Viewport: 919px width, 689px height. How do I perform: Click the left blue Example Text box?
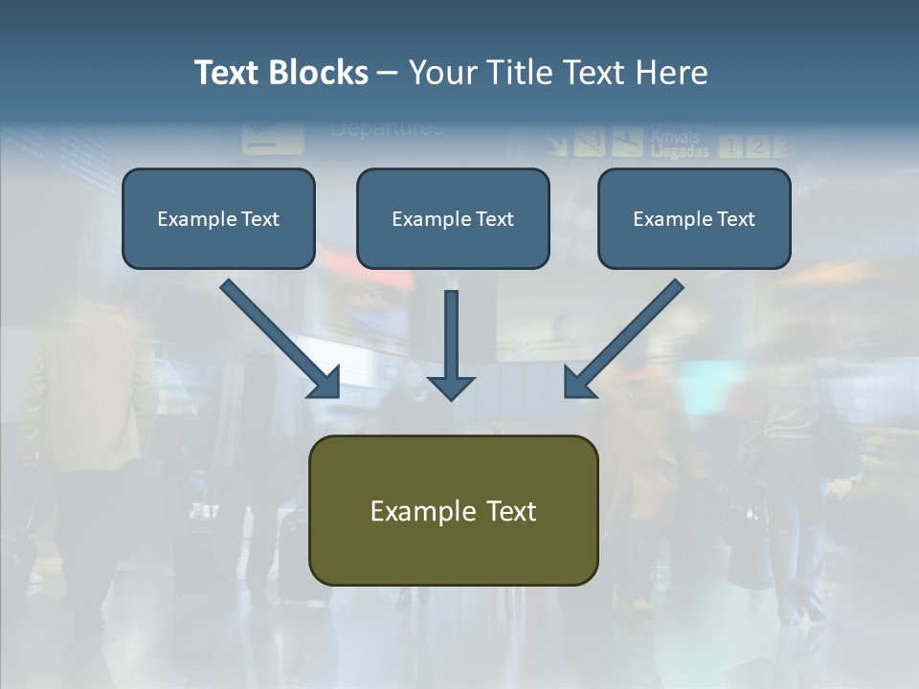(x=218, y=219)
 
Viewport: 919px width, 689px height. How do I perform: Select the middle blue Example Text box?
(x=453, y=219)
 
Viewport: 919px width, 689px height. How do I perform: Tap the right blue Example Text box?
(x=694, y=219)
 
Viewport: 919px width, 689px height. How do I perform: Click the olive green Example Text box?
(x=453, y=511)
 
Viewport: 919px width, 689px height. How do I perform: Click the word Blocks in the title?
(x=319, y=73)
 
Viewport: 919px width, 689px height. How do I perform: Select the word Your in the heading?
(x=442, y=73)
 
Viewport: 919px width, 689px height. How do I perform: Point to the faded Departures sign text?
(x=387, y=128)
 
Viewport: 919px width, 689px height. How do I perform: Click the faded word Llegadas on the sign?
(x=680, y=151)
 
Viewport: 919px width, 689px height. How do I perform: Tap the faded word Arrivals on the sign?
(x=674, y=138)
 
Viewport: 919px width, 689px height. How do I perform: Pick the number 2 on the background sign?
(x=757, y=145)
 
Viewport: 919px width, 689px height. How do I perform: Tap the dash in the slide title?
(x=388, y=73)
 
